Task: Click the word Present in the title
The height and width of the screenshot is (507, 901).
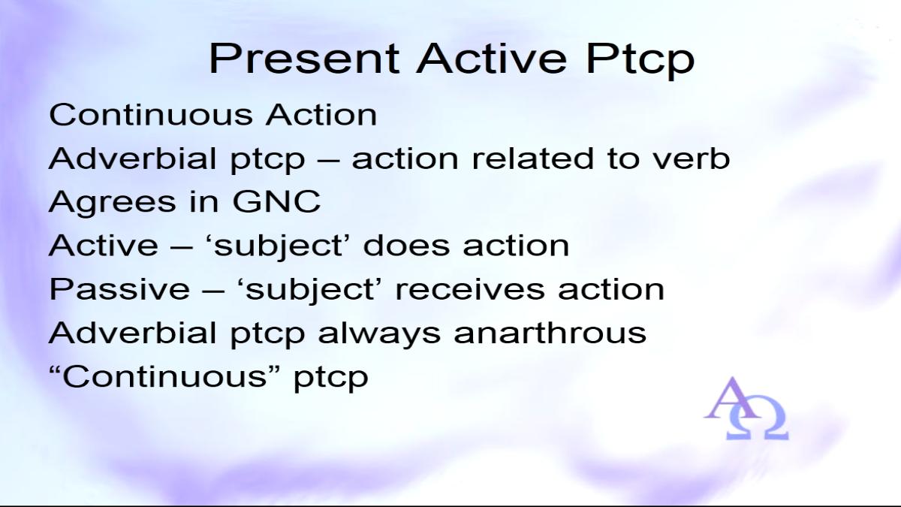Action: click(x=304, y=59)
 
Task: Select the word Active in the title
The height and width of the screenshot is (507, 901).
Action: click(x=492, y=59)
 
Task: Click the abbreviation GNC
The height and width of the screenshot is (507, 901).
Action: click(x=277, y=201)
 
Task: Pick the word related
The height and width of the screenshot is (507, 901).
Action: click(x=532, y=158)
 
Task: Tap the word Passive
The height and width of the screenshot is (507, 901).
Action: click(x=119, y=288)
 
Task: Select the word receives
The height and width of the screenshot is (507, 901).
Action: click(x=470, y=290)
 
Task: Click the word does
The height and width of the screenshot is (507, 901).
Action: click(x=406, y=245)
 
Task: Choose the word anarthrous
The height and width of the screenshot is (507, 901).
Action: click(x=550, y=332)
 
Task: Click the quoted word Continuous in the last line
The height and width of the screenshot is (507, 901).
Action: click(x=165, y=376)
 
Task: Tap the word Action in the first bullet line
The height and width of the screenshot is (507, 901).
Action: click(x=321, y=114)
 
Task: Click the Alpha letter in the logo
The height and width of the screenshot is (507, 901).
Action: click(x=732, y=398)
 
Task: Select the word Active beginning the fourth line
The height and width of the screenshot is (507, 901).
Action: click(x=104, y=245)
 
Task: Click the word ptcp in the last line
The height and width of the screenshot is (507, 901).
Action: click(x=331, y=379)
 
